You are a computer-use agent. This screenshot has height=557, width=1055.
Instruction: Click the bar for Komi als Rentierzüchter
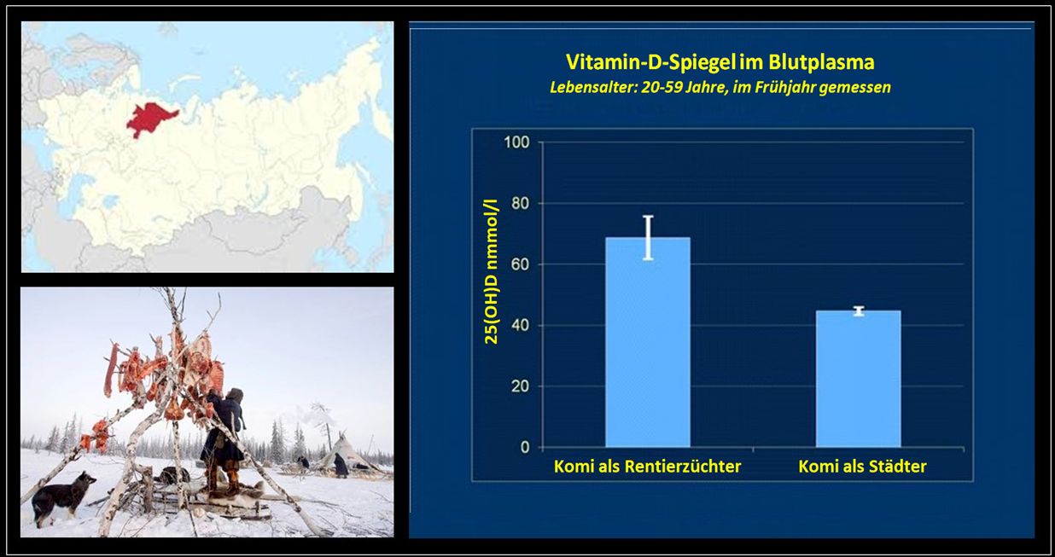tap(648, 342)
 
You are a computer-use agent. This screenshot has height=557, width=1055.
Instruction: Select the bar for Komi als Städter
tap(858, 379)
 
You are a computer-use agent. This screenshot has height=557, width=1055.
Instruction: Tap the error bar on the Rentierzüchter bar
tap(648, 238)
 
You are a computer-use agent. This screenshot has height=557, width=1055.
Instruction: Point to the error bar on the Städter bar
tap(859, 310)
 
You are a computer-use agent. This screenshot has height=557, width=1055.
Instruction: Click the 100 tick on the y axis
tap(516, 142)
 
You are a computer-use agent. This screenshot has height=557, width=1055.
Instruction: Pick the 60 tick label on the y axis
tap(521, 264)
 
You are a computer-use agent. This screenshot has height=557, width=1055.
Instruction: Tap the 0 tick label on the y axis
tap(525, 447)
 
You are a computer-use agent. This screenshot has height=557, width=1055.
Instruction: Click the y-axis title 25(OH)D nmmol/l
tap(492, 271)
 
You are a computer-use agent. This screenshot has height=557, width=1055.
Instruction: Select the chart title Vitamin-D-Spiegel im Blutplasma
tap(720, 62)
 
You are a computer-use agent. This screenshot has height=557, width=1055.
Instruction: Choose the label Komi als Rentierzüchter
tap(647, 467)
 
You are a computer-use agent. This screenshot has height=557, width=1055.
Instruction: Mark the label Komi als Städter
tap(862, 467)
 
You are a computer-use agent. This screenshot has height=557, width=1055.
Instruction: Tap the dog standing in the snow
tap(61, 497)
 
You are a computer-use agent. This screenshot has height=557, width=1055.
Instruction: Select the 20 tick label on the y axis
tap(521, 386)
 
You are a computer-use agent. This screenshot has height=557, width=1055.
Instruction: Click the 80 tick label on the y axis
tap(521, 203)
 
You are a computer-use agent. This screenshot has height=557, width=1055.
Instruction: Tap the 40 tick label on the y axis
tap(521, 325)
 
